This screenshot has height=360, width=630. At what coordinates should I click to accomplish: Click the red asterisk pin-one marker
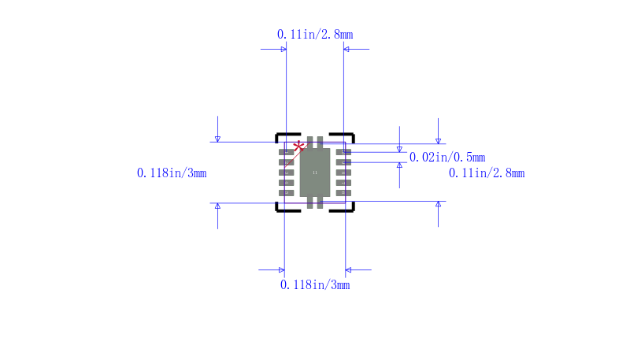point(298,147)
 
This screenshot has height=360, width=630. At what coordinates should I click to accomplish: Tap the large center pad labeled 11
point(315,173)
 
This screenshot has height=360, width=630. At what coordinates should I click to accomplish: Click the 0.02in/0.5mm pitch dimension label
point(447,157)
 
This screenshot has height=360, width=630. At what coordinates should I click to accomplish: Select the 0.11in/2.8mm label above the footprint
point(315,35)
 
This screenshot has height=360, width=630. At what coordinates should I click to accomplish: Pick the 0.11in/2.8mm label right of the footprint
point(487,173)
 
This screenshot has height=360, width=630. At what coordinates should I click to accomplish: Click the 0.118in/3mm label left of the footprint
point(172,173)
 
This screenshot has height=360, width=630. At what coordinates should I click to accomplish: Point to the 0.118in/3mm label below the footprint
point(315,285)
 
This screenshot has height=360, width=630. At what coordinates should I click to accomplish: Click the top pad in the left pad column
point(286,152)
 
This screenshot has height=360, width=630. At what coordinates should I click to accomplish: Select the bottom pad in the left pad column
point(286,193)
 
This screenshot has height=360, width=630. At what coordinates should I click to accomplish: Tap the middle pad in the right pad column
point(343,173)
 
